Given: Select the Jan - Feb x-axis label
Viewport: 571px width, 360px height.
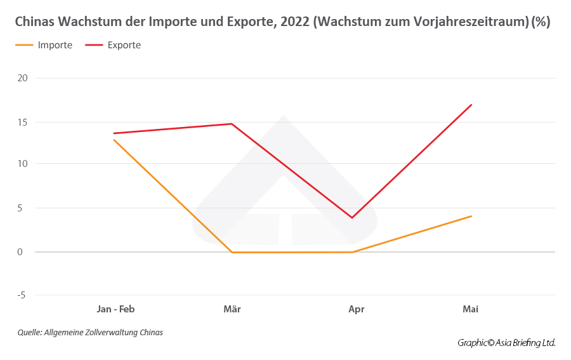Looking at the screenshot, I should pyautogui.click(x=115, y=309).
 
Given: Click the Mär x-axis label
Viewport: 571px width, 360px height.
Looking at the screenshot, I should pyautogui.click(x=232, y=309).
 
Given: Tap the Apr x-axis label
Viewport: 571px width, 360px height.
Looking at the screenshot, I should pyautogui.click(x=357, y=309).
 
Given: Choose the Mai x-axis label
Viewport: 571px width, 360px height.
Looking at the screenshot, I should pyautogui.click(x=470, y=309).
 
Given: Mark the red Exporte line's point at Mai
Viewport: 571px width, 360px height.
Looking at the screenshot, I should pyautogui.click(x=471, y=105).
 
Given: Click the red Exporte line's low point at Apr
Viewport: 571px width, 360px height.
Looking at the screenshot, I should pyautogui.click(x=352, y=218).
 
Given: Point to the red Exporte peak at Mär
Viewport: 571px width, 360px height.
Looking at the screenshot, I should pyautogui.click(x=232, y=124).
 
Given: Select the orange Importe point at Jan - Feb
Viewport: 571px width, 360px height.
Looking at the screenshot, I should pyautogui.click(x=114, y=140).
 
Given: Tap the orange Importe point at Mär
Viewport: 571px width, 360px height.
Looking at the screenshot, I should pyautogui.click(x=232, y=252).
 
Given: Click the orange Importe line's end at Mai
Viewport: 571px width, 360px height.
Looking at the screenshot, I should pyautogui.click(x=471, y=216).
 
